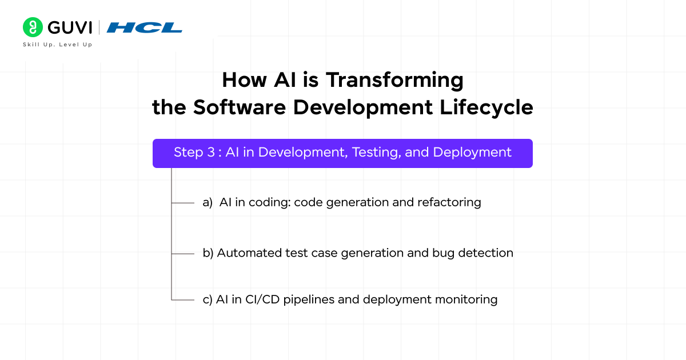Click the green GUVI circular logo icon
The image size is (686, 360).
(x=33, y=27)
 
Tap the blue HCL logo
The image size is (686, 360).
(x=145, y=27)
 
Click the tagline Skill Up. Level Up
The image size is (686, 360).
(x=57, y=45)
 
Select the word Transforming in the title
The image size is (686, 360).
(x=394, y=80)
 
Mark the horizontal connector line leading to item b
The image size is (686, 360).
(x=183, y=253)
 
